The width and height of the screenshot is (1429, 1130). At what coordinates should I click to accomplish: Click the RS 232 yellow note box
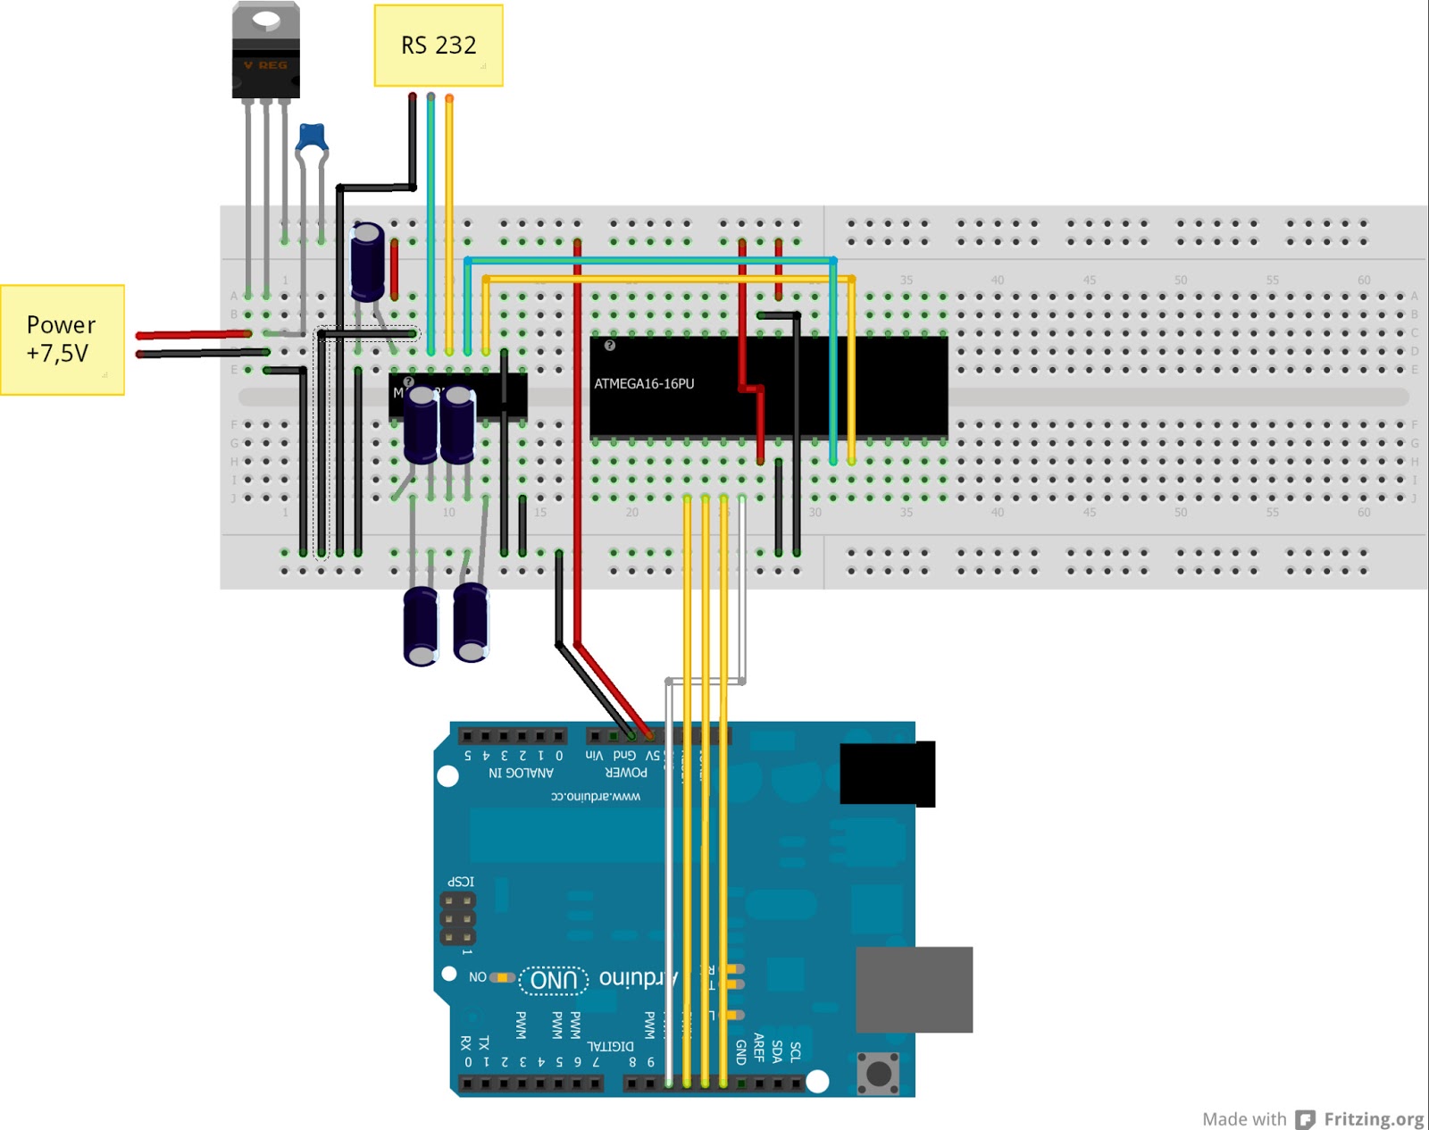pos(438,46)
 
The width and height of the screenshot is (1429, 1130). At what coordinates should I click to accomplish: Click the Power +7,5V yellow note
pos(62,339)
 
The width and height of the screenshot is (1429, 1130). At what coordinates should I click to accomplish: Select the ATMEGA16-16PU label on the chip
pos(644,384)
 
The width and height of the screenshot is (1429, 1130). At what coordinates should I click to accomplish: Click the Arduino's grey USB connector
pos(914,989)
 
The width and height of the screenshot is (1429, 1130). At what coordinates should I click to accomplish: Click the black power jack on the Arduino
pos(887,774)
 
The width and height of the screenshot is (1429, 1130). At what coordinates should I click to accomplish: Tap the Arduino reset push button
pos(878,1072)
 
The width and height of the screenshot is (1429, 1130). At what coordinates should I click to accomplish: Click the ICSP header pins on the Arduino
pos(457,919)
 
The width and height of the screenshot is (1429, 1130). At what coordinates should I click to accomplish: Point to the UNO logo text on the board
pos(554,980)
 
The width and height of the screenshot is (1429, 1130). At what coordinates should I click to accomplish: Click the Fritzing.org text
pos(1373,1119)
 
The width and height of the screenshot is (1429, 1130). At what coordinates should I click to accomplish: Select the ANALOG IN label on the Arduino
pos(521,773)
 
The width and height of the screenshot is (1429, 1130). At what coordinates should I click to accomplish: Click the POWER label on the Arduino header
pos(626,773)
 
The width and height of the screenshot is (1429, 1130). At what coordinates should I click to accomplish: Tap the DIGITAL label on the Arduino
pos(610,1046)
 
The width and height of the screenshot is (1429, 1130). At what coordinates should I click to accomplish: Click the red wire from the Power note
pos(192,334)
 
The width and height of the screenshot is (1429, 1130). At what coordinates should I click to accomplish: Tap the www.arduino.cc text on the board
pos(595,796)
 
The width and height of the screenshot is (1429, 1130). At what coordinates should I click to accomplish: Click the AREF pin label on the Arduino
pos(758,1047)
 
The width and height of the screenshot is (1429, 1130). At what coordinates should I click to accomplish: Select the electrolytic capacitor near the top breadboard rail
pos(367,262)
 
